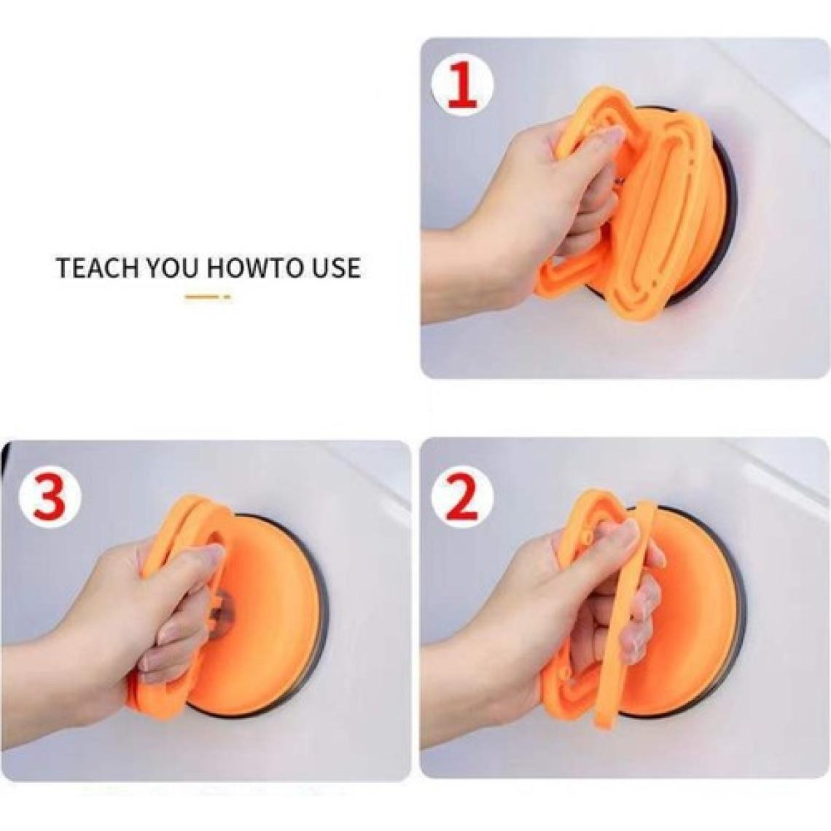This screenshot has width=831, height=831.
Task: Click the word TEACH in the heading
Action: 97,268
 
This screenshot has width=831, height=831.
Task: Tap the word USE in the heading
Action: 335,268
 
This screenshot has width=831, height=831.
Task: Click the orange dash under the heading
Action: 208,297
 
